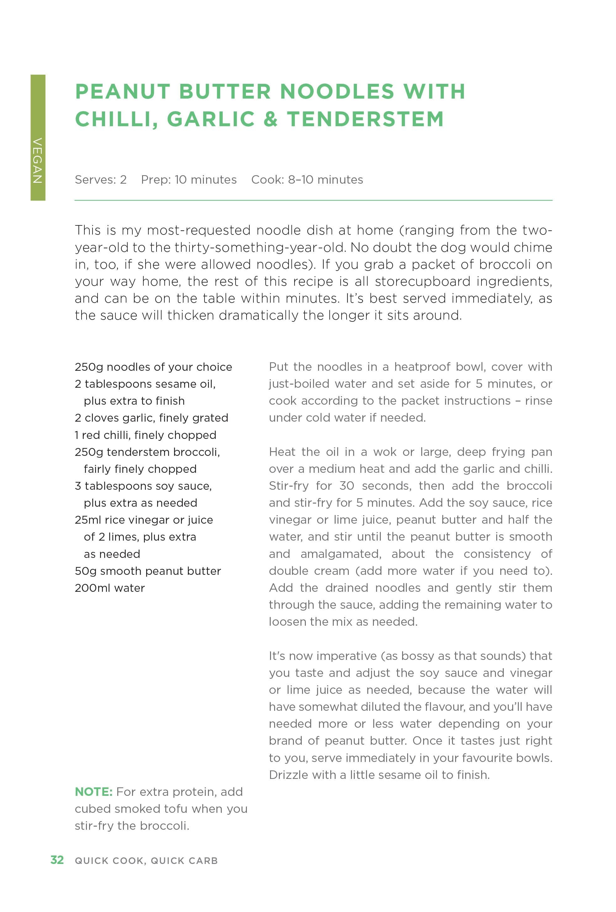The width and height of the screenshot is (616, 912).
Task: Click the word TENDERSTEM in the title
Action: [x=365, y=119]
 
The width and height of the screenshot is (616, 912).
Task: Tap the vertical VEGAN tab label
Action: [x=38, y=160]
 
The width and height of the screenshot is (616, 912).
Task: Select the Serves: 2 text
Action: [x=100, y=180]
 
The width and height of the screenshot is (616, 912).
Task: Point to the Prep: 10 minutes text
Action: [x=189, y=180]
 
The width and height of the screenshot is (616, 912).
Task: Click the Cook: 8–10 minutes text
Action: [x=307, y=180]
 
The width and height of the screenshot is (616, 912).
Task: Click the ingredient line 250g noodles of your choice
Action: [x=153, y=367]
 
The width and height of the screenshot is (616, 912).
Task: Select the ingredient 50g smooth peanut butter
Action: [x=148, y=571]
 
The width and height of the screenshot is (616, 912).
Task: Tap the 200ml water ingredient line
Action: [x=110, y=588]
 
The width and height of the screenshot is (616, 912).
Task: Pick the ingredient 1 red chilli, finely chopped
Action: [x=146, y=435]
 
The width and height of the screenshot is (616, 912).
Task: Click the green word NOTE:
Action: [x=94, y=792]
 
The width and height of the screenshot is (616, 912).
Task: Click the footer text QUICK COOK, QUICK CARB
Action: [x=146, y=861]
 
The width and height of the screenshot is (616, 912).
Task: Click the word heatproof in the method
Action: [x=422, y=367]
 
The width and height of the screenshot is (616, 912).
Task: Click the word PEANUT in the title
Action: [x=123, y=91]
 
